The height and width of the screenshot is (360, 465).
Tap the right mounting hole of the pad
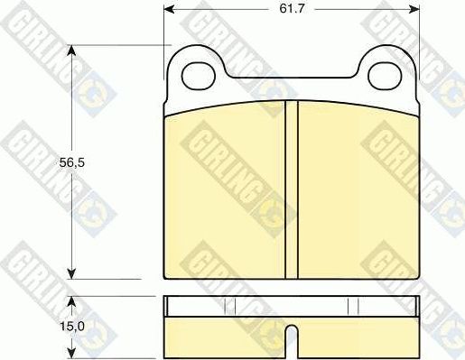[x=386, y=75]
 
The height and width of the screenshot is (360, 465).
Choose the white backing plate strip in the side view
[x=291, y=307]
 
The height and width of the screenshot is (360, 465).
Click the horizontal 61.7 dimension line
[x=235, y=10]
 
